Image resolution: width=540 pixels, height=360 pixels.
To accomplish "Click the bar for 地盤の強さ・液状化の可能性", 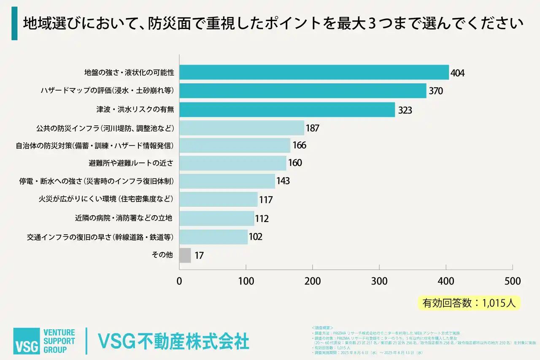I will pyautogui.click(x=314, y=72).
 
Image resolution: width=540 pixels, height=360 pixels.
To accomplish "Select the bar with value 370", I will pyautogui.click(x=302, y=91).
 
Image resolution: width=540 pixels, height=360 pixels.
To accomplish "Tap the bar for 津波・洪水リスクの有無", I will pyautogui.click(x=287, y=110).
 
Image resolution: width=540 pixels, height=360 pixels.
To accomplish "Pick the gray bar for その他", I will pyautogui.click(x=185, y=255).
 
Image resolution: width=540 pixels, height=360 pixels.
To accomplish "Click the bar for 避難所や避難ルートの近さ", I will pyautogui.click(x=232, y=163).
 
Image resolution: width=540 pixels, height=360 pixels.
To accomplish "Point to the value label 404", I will pyautogui.click(x=457, y=73).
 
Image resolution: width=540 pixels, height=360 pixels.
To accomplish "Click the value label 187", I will pyautogui.click(x=312, y=128).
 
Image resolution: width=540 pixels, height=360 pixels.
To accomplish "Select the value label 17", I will pyautogui.click(x=199, y=256).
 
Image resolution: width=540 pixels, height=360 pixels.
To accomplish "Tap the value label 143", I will pyautogui.click(x=283, y=181).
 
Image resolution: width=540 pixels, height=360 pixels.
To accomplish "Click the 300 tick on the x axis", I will pyautogui.click(x=379, y=281).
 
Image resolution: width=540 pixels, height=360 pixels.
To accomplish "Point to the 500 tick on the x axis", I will pyautogui.click(x=512, y=281).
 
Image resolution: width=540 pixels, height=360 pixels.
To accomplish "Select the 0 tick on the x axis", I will pyautogui.click(x=179, y=281).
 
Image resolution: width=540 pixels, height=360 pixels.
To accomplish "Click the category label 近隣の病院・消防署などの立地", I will pyautogui.click(x=124, y=218).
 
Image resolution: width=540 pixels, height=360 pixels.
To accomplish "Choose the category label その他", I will pyautogui.click(x=162, y=255).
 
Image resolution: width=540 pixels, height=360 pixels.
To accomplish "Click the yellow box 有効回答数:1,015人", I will pyautogui.click(x=469, y=303).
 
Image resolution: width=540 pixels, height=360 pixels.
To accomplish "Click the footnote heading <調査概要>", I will pyautogui.click(x=322, y=328).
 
